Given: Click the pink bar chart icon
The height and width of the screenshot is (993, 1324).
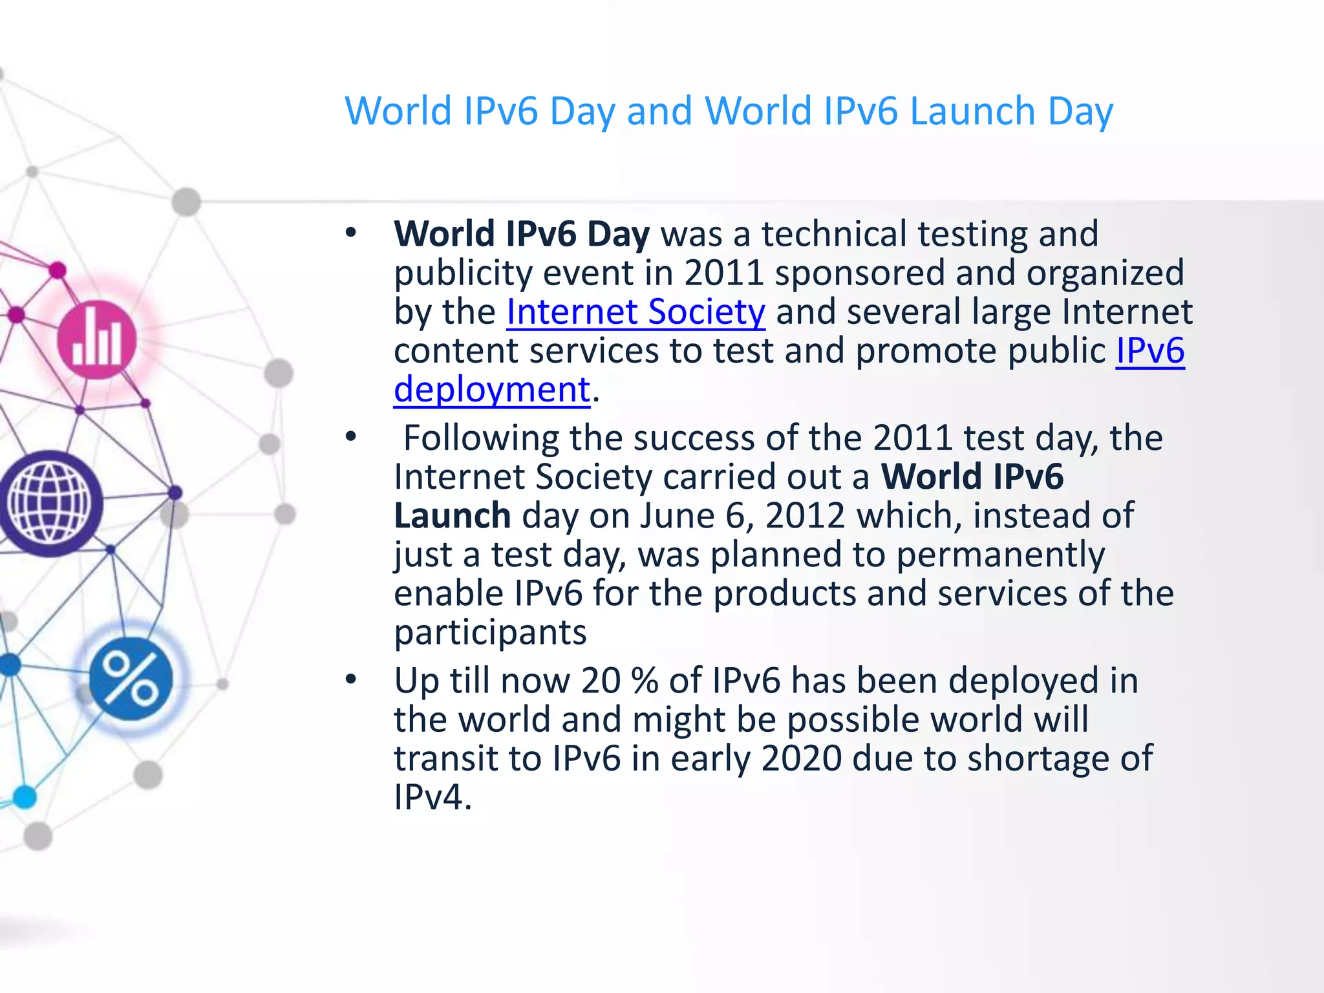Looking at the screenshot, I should click(x=97, y=340).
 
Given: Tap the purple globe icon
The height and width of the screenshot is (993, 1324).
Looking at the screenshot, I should click(x=50, y=503).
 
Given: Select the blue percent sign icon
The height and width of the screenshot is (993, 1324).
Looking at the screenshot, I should click(x=131, y=678).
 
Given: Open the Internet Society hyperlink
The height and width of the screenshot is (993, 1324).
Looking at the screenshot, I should click(x=635, y=312).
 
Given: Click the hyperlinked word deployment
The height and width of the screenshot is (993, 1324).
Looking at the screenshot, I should click(x=492, y=390).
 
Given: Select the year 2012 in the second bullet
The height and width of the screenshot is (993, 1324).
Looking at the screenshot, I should click(x=805, y=516).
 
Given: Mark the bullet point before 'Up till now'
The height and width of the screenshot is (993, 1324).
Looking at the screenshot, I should click(x=351, y=679).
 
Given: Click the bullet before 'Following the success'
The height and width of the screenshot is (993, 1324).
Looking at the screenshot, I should click(x=351, y=437).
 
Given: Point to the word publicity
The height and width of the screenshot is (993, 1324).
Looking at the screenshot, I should click(x=463, y=273).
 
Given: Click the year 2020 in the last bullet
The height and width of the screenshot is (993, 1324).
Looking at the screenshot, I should click(x=802, y=758).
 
